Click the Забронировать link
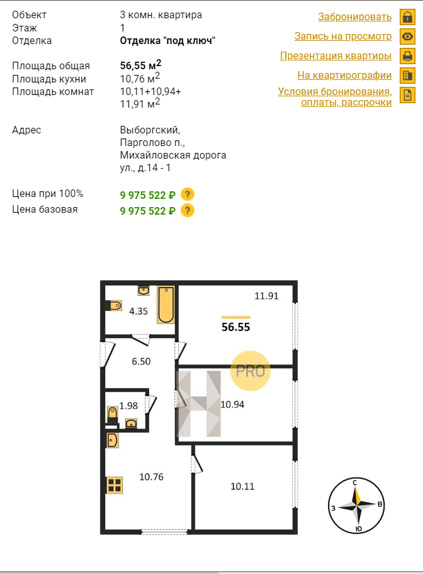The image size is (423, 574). click(x=354, y=17)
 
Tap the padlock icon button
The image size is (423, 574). click(x=407, y=17)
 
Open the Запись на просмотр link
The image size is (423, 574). click(x=343, y=37)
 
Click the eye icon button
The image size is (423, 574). click(x=407, y=37)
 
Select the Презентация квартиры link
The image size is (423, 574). click(x=336, y=55)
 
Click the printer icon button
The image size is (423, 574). click(x=407, y=56)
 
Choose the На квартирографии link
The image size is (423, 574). click(x=344, y=75)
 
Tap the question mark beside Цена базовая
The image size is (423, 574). click(x=188, y=210)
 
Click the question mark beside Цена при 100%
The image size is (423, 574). click(x=188, y=194)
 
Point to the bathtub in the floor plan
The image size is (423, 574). click(x=166, y=305)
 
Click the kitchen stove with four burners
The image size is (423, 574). click(x=115, y=485)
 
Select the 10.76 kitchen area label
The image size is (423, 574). click(x=151, y=477)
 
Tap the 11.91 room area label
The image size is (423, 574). click(x=267, y=296)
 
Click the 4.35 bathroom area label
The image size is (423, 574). click(x=138, y=311)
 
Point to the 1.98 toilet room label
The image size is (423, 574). click(x=128, y=405)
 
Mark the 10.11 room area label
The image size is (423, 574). click(x=242, y=486)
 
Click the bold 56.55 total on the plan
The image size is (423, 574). click(x=236, y=327)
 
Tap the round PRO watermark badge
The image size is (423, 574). click(x=251, y=371)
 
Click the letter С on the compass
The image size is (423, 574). click(x=354, y=483)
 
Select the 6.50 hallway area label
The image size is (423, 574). click(x=141, y=361)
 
